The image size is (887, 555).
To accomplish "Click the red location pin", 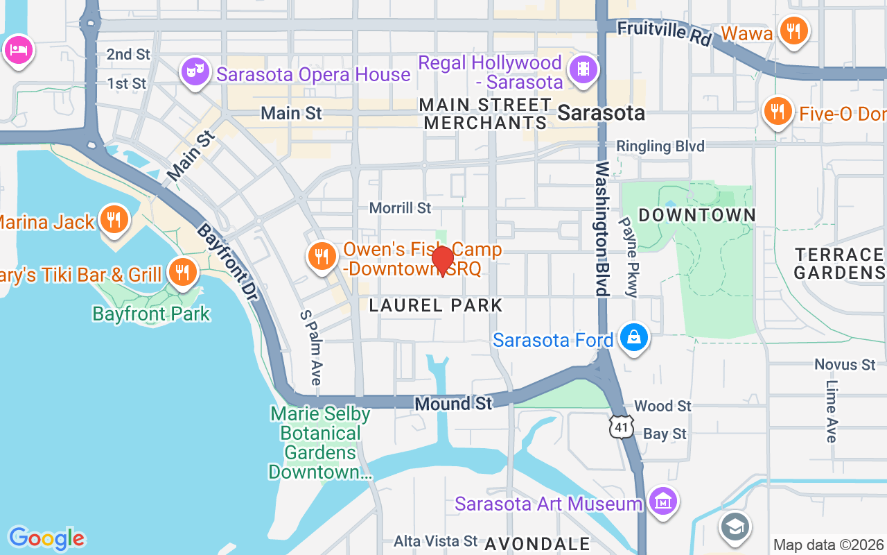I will (x=442, y=261).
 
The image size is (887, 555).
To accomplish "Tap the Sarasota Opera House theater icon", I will (x=195, y=71).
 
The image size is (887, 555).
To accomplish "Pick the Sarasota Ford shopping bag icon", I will (x=633, y=339).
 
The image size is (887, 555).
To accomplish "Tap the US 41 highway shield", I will (x=622, y=427).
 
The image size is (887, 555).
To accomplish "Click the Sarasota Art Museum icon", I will (x=663, y=502).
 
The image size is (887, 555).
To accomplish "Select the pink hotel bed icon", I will (x=17, y=50).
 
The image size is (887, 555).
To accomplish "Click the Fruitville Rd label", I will (x=664, y=32).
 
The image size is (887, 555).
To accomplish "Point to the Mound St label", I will (x=453, y=404).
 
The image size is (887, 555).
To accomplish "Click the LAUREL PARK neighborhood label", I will (x=436, y=305).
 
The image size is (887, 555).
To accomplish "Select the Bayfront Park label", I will (x=151, y=314).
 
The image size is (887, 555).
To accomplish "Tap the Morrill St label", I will (x=400, y=208).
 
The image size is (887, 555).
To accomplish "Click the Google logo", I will (x=46, y=538).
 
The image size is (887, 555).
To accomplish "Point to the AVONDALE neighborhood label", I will (x=537, y=544).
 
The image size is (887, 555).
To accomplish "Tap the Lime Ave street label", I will (x=832, y=411).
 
